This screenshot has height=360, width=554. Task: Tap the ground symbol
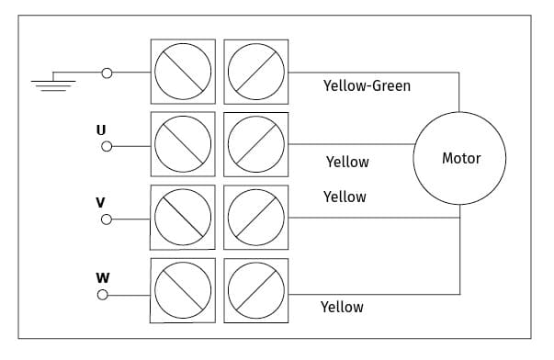pyautogui.click(x=53, y=85)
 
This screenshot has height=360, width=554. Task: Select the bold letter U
pyautogui.click(x=101, y=130)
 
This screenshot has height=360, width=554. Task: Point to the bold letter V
pyautogui.click(x=100, y=203)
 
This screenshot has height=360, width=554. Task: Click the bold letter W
pyautogui.click(x=103, y=278)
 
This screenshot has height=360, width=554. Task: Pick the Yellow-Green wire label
pyautogui.click(x=367, y=85)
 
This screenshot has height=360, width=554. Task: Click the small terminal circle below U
pyautogui.click(x=107, y=146)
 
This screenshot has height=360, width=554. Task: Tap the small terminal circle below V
pyautogui.click(x=107, y=219)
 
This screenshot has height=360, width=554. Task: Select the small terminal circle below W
pyautogui.click(x=103, y=295)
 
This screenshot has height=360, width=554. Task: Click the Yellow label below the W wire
pyautogui.click(x=342, y=307)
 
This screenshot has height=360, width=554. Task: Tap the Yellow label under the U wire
pyautogui.click(x=347, y=163)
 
